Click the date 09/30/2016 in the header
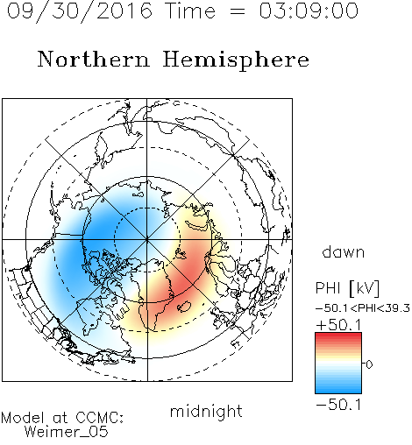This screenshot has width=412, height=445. coord(80,11)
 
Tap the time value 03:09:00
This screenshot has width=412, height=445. coord(309,11)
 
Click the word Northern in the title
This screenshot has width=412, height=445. coord(94,60)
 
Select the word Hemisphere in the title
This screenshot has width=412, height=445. coord(236,60)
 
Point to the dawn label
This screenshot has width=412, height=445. coord(344,251)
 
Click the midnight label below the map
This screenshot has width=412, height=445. coord(206,411)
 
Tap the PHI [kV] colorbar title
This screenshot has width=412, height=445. coord(347,288)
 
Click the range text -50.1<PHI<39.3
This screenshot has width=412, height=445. coord(363,308)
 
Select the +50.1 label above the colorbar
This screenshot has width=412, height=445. coord(338,325)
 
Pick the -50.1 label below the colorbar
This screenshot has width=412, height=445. coord(338,405)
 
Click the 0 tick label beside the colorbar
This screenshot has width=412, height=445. coord(369,364)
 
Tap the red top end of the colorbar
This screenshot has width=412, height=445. coord(338,336)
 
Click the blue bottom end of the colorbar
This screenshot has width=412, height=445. coord(338,391)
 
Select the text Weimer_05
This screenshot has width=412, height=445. coord(67,432)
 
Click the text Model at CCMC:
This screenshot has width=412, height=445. coord(62,418)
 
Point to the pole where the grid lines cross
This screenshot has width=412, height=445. coord(147,239)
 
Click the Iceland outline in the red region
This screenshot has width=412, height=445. coord(184,307)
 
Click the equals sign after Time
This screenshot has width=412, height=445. coord(237,11)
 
